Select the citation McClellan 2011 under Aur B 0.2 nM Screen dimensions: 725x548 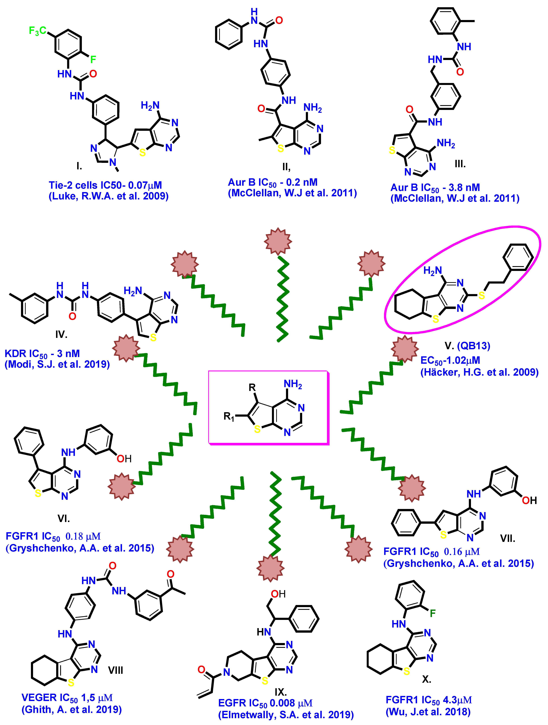point(292,193)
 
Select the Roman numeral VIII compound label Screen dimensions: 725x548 point(116,670)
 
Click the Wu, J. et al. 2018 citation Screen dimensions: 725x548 point(428,712)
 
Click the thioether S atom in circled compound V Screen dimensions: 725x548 point(481,296)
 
